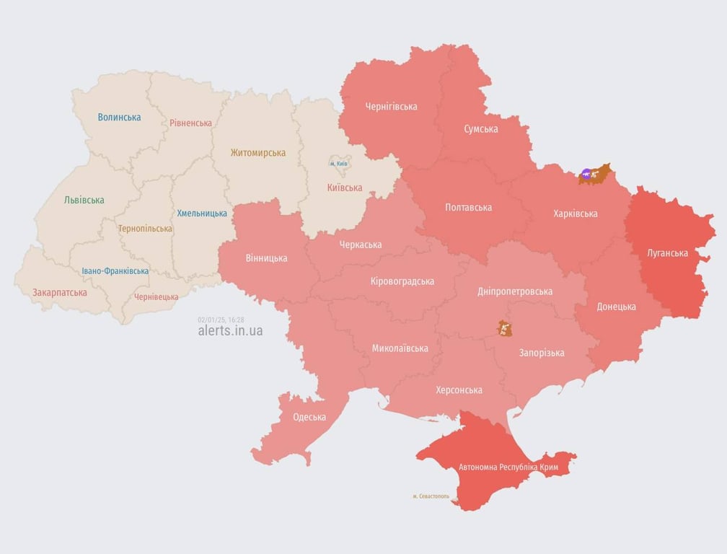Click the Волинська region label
(119, 117)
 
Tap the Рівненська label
(191, 123)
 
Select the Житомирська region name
(257, 153)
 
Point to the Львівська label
(84, 200)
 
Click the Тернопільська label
(145, 229)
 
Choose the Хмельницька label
(202, 214)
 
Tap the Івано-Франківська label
(115, 271)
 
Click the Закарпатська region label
(59, 292)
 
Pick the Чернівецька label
(156, 296)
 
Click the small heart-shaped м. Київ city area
(339, 164)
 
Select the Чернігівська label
(391, 107)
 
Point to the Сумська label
(480, 129)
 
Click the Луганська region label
(667, 253)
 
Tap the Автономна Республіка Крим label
(508, 467)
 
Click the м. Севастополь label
(431, 496)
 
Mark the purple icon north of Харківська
(586, 174)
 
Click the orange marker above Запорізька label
(504, 329)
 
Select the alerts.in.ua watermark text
(230, 331)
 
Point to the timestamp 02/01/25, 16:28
(221, 319)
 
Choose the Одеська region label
(309, 417)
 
